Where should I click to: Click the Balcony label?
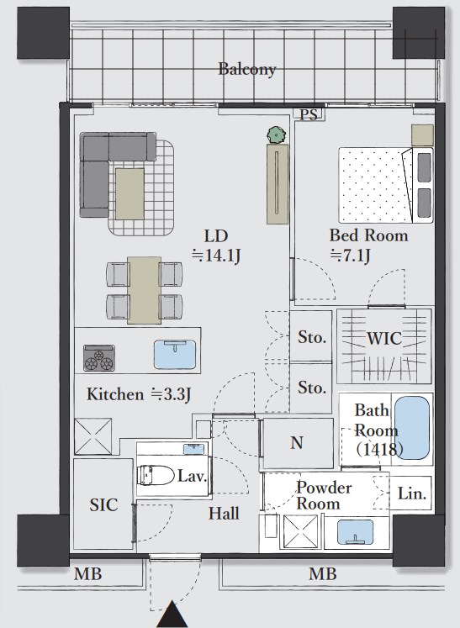tap(247, 69)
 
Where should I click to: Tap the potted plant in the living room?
tap(277, 135)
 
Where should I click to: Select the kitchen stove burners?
tap(99, 357)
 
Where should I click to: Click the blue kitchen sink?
tap(175, 355)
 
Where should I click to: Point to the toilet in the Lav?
tap(156, 475)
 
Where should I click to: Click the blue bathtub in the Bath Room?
tap(412, 427)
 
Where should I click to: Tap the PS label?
tap(309, 115)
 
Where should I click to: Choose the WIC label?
tap(384, 339)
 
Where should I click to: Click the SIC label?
tap(103, 504)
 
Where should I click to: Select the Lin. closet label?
tap(411, 493)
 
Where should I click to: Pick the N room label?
tap(297, 442)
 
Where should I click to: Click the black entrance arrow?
tap(172, 614)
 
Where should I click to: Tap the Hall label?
tap(224, 513)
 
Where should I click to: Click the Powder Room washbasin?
tap(355, 532)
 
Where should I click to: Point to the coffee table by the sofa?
tap(130, 193)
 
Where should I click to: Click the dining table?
tap(145, 290)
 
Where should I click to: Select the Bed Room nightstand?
tap(422, 135)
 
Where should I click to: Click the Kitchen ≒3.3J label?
tap(139, 394)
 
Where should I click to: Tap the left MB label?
tap(87, 574)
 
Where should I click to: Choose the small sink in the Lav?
tap(193, 449)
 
